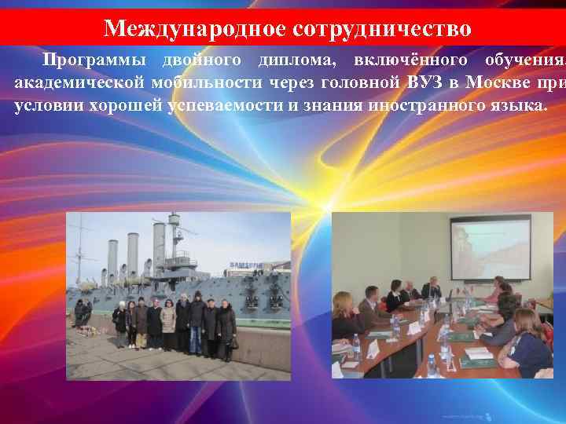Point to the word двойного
pos(200,60)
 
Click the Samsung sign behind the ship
pos(243,265)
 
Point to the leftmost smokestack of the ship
pos(113,258)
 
